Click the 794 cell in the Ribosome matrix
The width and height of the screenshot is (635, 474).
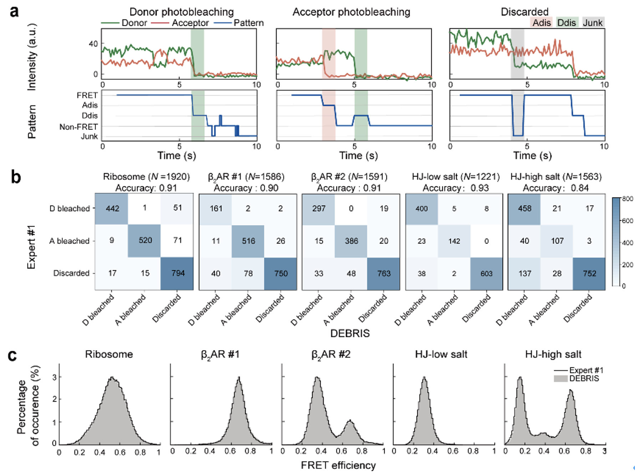point(177,273)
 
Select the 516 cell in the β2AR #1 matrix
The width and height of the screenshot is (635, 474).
point(248,241)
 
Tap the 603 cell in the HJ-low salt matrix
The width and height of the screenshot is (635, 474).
point(486,273)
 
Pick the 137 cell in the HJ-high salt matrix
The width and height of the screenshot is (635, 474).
point(524,273)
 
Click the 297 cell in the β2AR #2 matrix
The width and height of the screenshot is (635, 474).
point(319,208)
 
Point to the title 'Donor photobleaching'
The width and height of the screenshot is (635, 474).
point(181,12)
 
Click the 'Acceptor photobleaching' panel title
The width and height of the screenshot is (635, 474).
point(351,12)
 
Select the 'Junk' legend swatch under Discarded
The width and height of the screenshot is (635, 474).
point(593,23)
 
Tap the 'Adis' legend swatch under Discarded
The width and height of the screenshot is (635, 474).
point(542,23)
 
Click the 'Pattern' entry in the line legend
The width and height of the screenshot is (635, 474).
point(248,23)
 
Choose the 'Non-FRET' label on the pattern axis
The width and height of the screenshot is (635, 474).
point(78,127)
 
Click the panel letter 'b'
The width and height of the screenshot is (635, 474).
point(16,177)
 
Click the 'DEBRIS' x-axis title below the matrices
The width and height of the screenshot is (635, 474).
point(350,333)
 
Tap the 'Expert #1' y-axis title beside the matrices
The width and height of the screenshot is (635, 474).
point(31,247)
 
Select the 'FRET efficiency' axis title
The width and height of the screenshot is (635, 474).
point(338,465)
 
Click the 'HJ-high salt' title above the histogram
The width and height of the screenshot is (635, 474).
point(553,354)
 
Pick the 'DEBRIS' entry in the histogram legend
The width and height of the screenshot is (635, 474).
point(584,379)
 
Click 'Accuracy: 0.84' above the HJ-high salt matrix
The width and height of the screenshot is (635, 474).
point(555,188)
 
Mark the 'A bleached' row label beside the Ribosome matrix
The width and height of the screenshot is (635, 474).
point(69,241)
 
